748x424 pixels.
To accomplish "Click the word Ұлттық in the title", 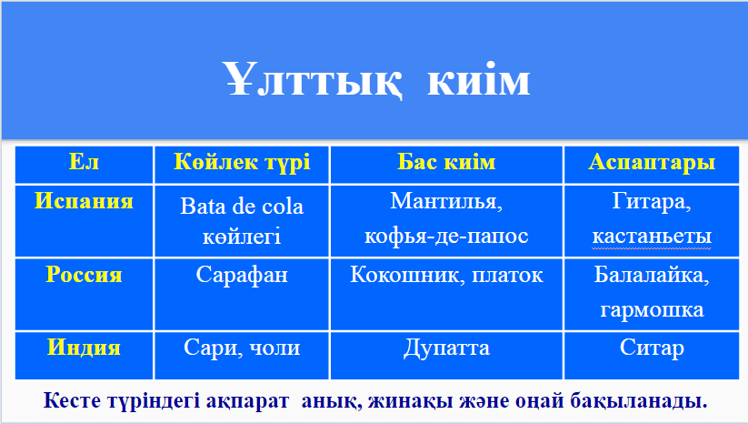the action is [312, 79].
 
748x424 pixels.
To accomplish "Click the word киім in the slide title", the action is [478, 80].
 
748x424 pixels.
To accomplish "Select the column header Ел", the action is [84, 161].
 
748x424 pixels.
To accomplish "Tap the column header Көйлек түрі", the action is [242, 162].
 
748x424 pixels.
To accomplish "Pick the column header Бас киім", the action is [446, 162].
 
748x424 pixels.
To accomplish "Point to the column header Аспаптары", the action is [652, 162].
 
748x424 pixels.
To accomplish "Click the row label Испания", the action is [84, 200].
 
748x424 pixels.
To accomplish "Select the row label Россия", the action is [84, 275].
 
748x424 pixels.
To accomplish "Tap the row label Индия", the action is [84, 348].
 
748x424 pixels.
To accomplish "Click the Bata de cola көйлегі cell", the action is [242, 221].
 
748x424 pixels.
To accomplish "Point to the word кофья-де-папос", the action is [446, 236].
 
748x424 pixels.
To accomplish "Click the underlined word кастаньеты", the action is [652, 237].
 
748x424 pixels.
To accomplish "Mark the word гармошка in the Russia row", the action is [652, 310].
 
